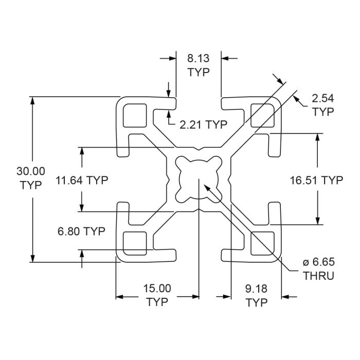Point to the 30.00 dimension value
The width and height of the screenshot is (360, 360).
31,171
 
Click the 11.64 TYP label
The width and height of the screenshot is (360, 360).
82,180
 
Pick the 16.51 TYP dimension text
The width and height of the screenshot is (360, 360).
316,180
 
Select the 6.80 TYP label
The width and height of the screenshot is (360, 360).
81,231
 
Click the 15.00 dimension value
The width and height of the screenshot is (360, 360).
157,289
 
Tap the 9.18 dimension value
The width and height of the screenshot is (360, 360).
257,289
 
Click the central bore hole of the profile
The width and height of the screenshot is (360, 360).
199,179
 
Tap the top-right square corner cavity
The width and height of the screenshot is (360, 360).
262,114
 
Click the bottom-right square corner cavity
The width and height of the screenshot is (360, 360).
262,243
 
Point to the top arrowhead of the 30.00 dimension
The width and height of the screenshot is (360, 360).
33,101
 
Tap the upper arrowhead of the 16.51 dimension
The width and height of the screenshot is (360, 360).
319,138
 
